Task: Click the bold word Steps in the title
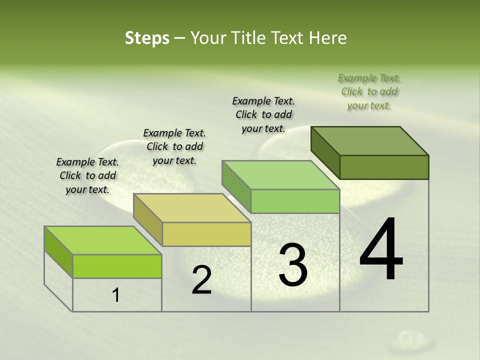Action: click(147, 38)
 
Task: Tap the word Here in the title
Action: click(328, 38)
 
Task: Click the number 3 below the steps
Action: click(292, 265)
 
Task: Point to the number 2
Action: click(201, 280)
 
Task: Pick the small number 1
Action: click(116, 295)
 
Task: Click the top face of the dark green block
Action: click(370, 140)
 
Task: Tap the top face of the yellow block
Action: click(192, 207)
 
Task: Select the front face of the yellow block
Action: click(206, 234)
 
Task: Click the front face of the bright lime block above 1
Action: click(117, 266)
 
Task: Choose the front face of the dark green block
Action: click(384, 167)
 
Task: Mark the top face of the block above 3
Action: click(280, 175)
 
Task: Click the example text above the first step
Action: click(87, 176)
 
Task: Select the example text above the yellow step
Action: click(174, 146)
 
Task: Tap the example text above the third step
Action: click(263, 114)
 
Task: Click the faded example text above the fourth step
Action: click(369, 91)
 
